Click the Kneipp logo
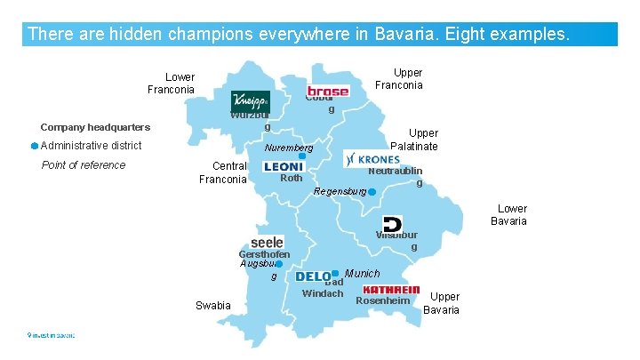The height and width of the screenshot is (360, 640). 250,102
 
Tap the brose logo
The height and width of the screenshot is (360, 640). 328,91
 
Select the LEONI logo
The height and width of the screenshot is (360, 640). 284,166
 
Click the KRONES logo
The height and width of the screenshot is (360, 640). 372,158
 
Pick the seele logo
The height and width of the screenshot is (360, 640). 268,242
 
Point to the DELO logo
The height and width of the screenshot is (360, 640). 313,277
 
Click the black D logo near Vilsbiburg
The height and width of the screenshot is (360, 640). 392,224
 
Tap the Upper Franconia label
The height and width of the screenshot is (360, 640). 399,79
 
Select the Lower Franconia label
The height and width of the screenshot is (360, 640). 171,84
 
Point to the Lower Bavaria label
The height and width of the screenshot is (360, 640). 509,215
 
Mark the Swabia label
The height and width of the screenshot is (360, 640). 212,306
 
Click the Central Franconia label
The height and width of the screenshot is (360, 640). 222,172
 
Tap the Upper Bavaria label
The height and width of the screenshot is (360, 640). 442,303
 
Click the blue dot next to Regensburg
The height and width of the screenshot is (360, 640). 372,192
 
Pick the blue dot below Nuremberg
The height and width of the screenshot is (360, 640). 302,156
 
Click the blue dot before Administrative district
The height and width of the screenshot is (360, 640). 33,146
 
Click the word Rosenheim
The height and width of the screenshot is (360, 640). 382,300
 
